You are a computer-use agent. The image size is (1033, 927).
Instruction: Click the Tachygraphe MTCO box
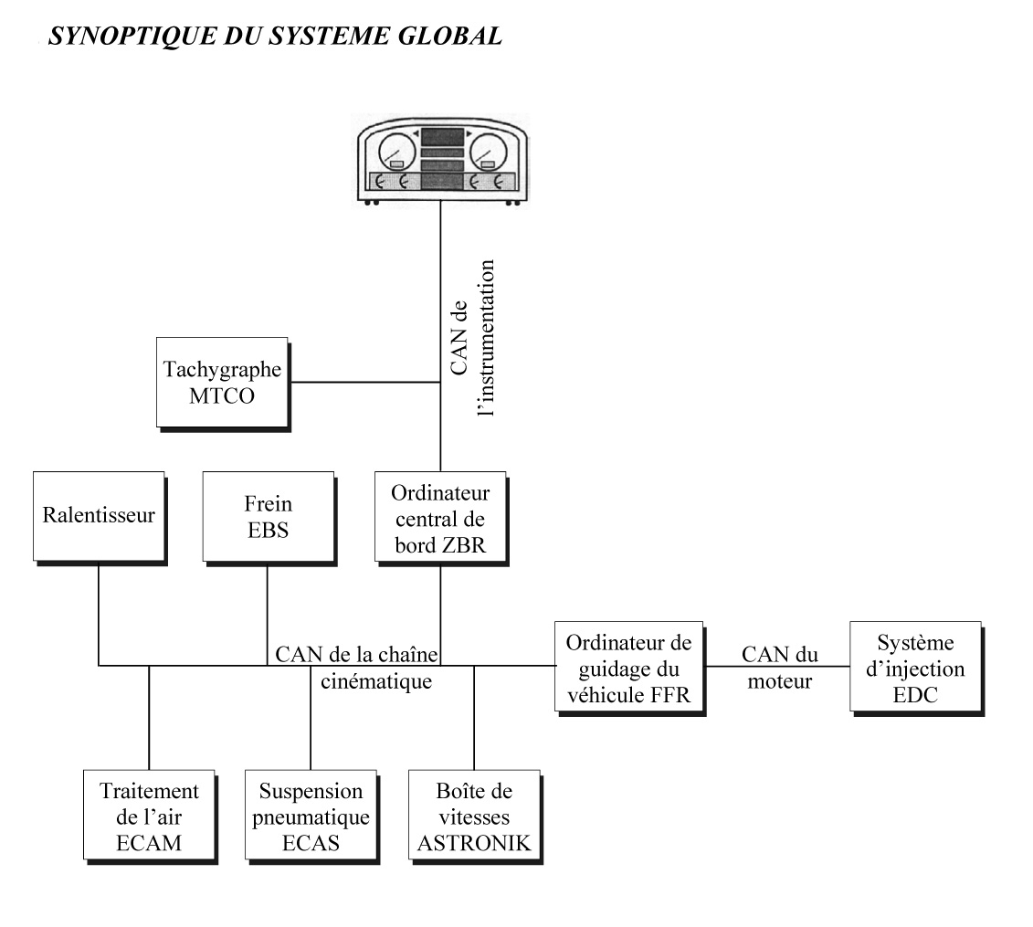222,382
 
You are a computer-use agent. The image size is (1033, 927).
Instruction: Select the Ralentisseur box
99,515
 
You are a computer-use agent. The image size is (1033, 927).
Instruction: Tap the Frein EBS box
268,515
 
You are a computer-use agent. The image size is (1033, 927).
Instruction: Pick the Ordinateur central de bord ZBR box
440,515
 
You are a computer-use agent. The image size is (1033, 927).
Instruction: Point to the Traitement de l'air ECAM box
148,815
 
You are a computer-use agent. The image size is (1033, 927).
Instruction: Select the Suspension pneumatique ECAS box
311,815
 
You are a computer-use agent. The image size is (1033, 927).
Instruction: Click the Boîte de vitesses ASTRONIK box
473,815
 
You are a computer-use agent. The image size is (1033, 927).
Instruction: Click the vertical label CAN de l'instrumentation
472,338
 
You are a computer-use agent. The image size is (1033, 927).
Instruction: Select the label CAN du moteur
778,667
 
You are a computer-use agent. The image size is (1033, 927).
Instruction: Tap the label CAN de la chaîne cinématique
357,667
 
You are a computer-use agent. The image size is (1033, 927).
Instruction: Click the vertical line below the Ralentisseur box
99,612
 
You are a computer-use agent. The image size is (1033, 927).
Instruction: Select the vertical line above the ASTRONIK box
474,717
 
